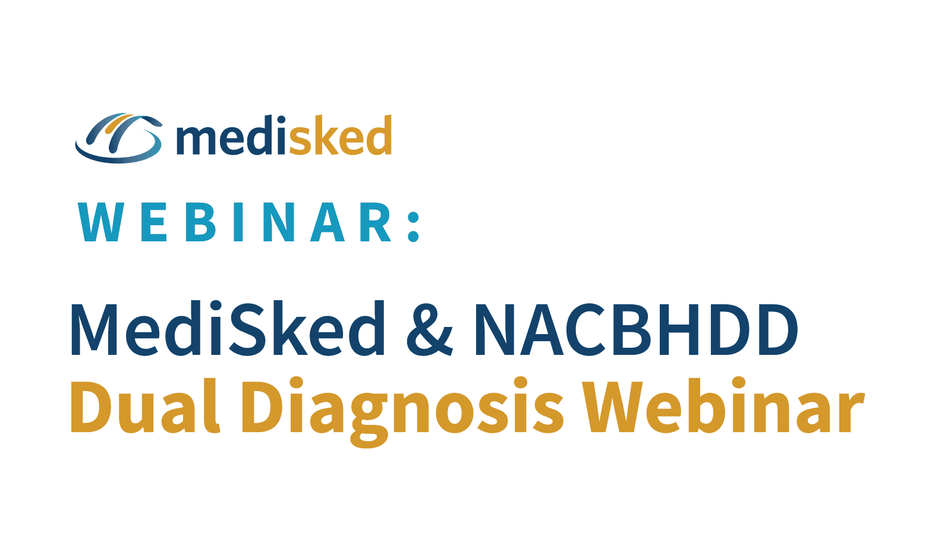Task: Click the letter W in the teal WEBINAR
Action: (x=102, y=222)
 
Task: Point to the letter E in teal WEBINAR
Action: (x=154, y=222)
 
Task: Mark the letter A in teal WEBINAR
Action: (x=328, y=222)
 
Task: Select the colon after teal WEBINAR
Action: (x=414, y=227)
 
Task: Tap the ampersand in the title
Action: (x=429, y=329)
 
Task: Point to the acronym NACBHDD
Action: (x=636, y=329)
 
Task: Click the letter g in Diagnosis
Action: (x=369, y=420)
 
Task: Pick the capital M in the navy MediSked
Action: (x=94, y=329)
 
